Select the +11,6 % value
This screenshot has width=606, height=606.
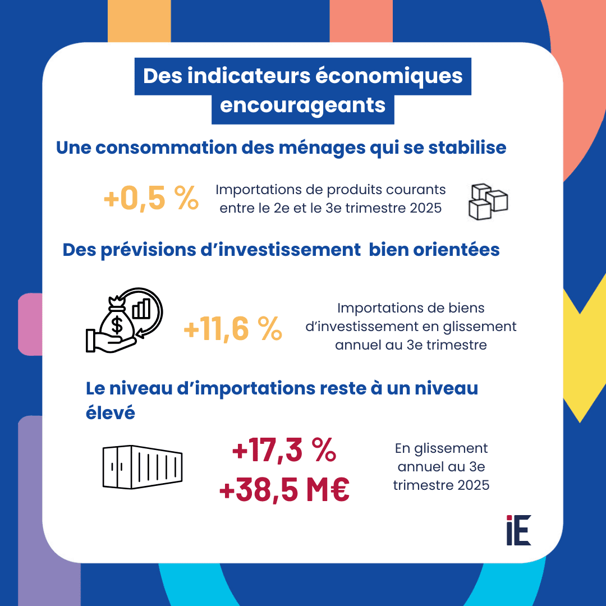click(x=233, y=329)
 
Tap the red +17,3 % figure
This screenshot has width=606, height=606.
click(x=284, y=452)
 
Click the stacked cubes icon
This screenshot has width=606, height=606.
click(x=487, y=200)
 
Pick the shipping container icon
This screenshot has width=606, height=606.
click(x=143, y=466)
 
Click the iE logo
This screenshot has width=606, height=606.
click(x=518, y=530)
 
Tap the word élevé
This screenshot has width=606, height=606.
click(x=111, y=412)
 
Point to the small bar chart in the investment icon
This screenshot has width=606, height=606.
click(x=141, y=308)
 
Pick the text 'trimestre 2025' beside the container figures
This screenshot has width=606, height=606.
click(x=441, y=484)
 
